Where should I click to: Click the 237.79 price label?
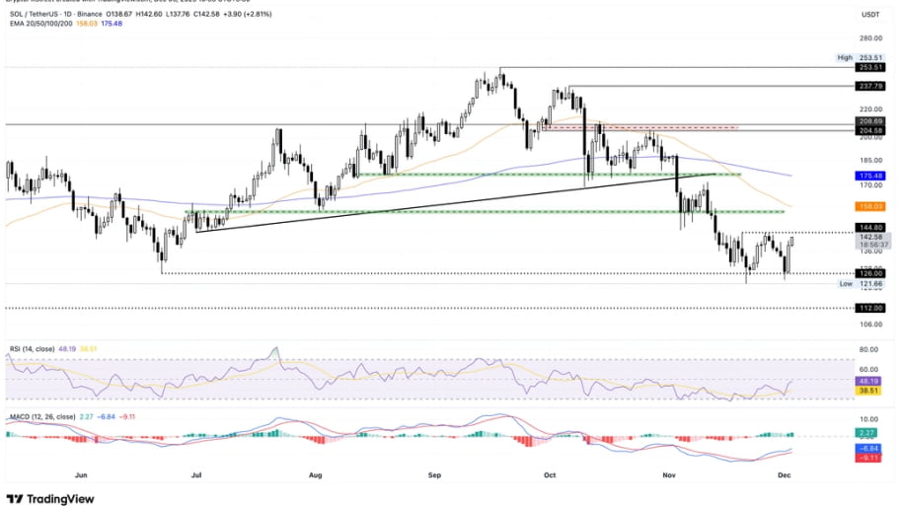[x=870, y=86]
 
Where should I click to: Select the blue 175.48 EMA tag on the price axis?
[x=870, y=175]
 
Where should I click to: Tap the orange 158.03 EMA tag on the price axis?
[x=870, y=206]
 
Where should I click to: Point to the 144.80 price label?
[x=870, y=227]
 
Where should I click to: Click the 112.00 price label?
[x=870, y=308]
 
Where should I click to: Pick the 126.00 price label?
[x=870, y=273]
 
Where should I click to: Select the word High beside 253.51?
[x=845, y=58]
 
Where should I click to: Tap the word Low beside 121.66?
[x=846, y=284]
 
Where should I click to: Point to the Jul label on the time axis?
[x=196, y=474]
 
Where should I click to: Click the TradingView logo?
[x=51, y=498]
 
